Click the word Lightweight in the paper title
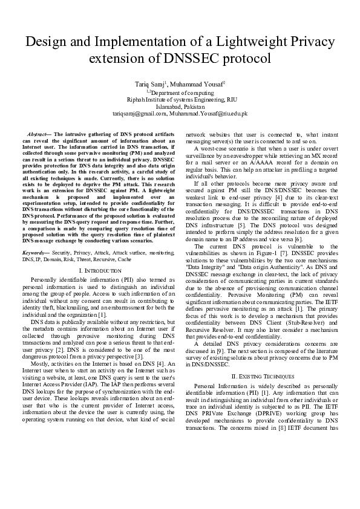(238, 42)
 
